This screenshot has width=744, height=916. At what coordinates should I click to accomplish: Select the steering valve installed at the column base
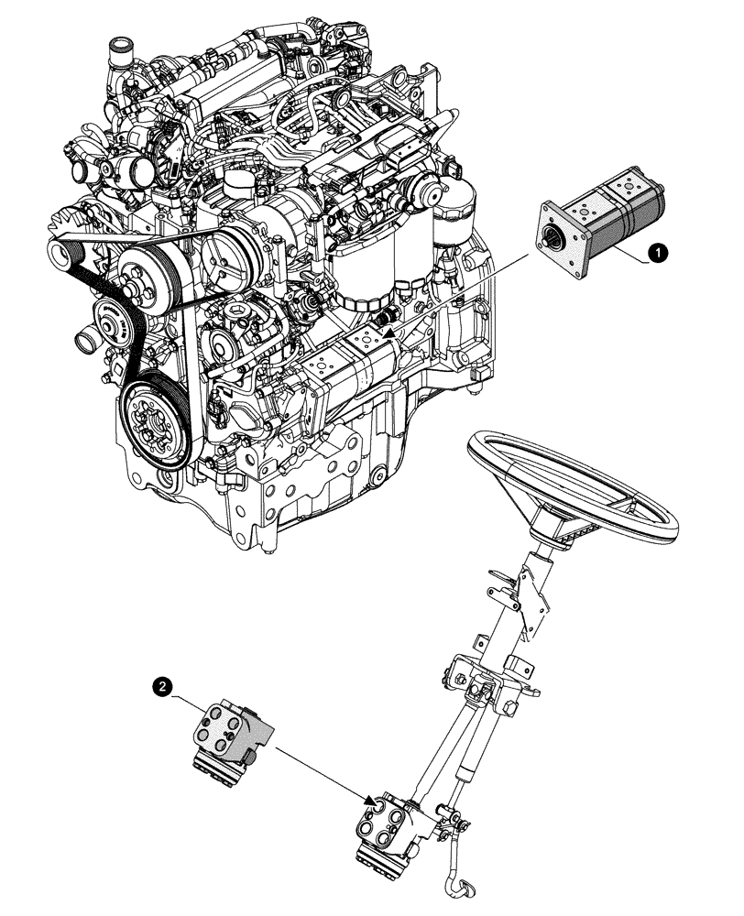pos(386,828)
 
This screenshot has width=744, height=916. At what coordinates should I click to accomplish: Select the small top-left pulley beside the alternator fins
pos(70,250)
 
